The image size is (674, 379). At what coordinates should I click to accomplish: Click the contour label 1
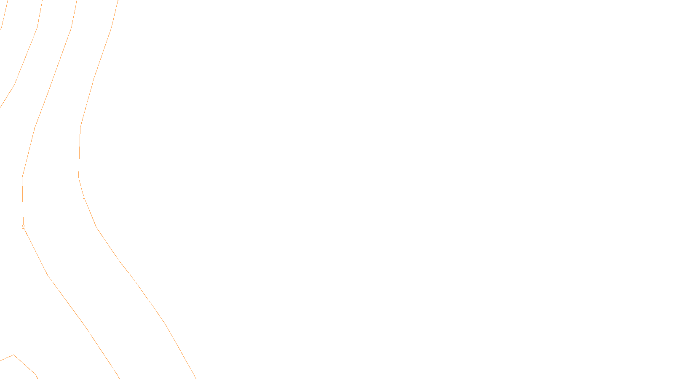(x=84, y=197)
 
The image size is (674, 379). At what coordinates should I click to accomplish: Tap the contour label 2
(x=23, y=227)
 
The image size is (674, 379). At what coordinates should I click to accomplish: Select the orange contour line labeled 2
(x=63, y=297)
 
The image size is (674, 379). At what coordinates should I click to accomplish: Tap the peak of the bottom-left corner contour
(x=14, y=355)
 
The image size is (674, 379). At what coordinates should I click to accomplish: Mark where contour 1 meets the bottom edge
(x=195, y=378)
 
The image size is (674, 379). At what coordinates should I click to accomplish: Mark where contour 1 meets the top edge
(x=118, y=1)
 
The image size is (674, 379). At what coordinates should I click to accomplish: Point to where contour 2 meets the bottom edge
(x=119, y=378)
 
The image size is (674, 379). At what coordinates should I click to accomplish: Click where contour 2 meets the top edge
(x=77, y=1)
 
